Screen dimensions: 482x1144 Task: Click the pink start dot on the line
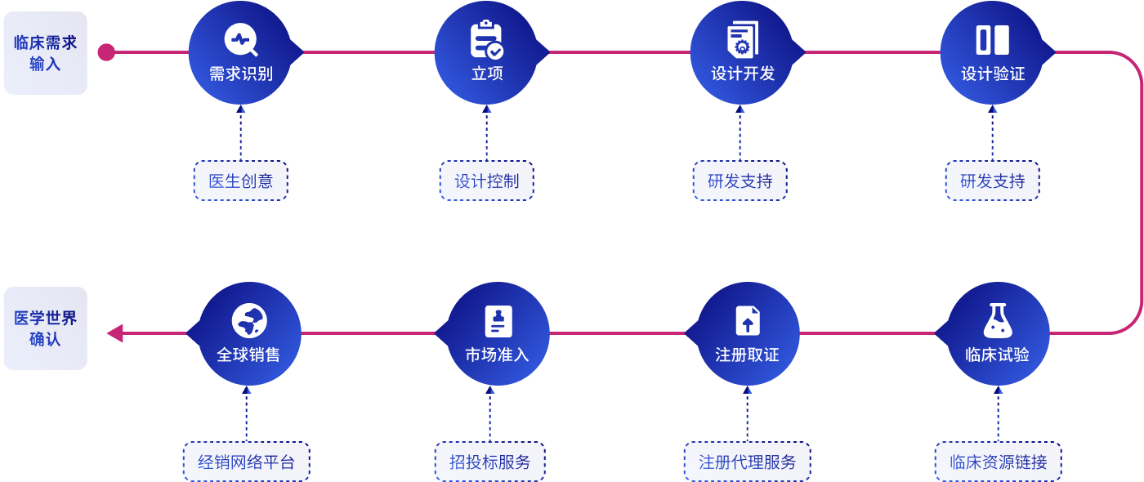pos(106,52)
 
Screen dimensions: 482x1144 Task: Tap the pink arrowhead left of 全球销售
pos(115,332)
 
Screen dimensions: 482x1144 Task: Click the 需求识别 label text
pos(240,74)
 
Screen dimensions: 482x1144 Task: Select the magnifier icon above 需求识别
pos(241,40)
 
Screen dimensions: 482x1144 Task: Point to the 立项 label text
pos(487,74)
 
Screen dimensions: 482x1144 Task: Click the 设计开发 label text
pos(743,74)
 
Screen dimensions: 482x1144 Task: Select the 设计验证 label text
pos(993,74)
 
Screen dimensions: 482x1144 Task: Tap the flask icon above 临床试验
pos(998,321)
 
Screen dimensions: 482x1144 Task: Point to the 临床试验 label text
pos(997,355)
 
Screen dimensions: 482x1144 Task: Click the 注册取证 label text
pos(747,355)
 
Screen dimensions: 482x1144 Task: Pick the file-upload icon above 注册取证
pos(747,321)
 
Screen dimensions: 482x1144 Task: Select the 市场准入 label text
pos(497,355)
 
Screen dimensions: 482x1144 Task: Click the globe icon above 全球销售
pos(249,321)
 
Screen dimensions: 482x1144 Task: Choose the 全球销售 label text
pos(248,355)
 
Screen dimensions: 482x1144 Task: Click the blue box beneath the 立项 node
pos(486,181)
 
